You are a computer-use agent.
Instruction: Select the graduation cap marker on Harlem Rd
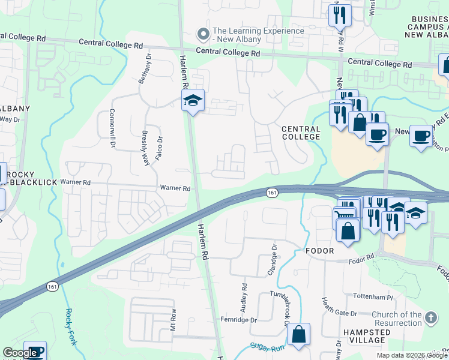(193, 101)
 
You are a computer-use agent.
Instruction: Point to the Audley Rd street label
(244, 298)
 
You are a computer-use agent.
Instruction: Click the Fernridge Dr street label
(238, 319)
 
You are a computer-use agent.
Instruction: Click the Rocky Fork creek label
(70, 323)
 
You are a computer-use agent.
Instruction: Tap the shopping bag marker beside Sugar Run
(298, 335)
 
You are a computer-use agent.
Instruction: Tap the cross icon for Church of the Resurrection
(430, 317)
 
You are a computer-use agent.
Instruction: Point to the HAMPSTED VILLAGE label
(364, 336)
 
